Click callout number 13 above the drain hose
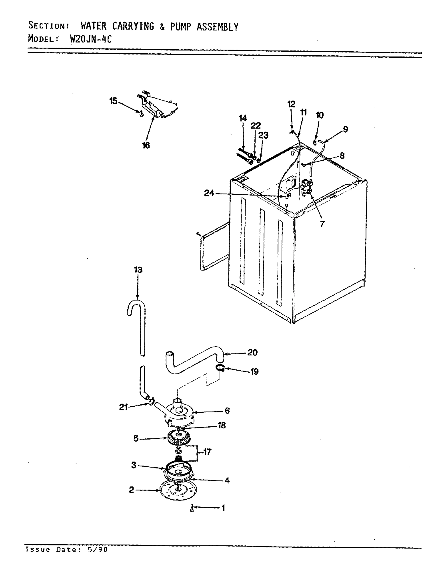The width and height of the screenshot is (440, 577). point(138,270)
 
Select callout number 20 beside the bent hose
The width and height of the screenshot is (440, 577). point(252,353)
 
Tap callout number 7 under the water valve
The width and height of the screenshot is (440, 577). point(322,224)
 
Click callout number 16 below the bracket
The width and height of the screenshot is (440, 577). point(146,145)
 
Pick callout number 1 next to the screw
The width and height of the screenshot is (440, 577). point(223,508)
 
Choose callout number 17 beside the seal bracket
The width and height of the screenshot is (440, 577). point(207,452)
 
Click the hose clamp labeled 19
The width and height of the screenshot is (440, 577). point(220,367)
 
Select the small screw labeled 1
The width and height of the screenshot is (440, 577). point(192,508)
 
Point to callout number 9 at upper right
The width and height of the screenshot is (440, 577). point(345,129)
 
